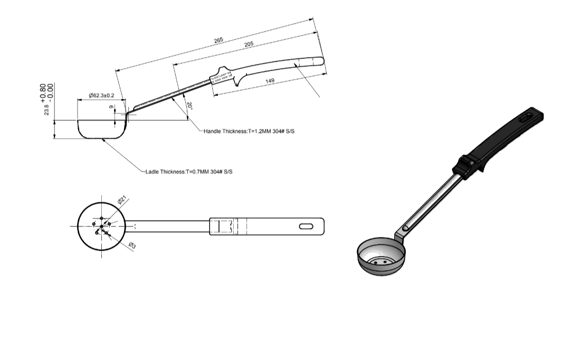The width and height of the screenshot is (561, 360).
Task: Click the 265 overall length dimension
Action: pyautogui.click(x=218, y=40)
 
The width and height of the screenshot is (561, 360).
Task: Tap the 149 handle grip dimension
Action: pyautogui.click(x=270, y=81)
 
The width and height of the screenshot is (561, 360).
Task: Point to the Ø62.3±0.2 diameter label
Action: pyautogui.click(x=101, y=96)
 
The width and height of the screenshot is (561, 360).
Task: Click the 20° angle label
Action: pyautogui.click(x=189, y=106)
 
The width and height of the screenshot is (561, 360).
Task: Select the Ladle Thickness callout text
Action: pyautogui.click(x=188, y=172)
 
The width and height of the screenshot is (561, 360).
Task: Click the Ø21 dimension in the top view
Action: pyautogui.click(x=121, y=201)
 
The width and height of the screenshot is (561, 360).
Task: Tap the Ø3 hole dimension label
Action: pyautogui.click(x=132, y=245)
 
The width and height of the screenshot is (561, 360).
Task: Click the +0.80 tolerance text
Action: pyautogui.click(x=43, y=91)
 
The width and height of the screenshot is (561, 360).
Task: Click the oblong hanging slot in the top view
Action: pyautogui.click(x=306, y=226)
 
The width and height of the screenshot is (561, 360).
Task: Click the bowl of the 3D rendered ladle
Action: pyautogui.click(x=382, y=257)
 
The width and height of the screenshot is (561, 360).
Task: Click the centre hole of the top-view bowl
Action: pyautogui.click(x=101, y=226)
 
